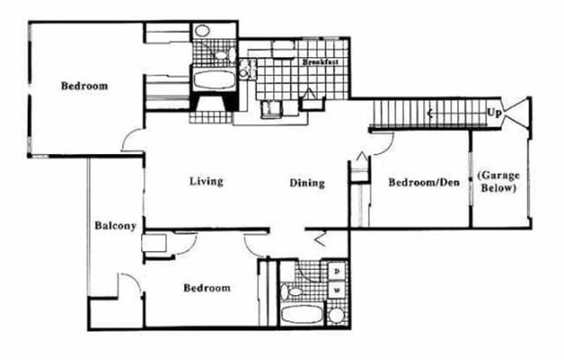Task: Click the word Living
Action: point(207,182)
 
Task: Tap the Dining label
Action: point(306,183)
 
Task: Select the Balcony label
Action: point(115,227)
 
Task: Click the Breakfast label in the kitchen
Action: point(320,62)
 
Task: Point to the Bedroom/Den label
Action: point(422,183)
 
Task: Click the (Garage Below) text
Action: point(497,182)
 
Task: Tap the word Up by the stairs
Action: point(494,112)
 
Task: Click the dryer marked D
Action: point(336,271)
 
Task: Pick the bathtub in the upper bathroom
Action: point(213,80)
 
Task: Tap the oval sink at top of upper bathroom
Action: point(202,31)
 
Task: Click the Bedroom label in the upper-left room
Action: point(84,86)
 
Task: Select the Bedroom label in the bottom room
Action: point(207,288)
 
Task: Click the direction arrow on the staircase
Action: point(429,112)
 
